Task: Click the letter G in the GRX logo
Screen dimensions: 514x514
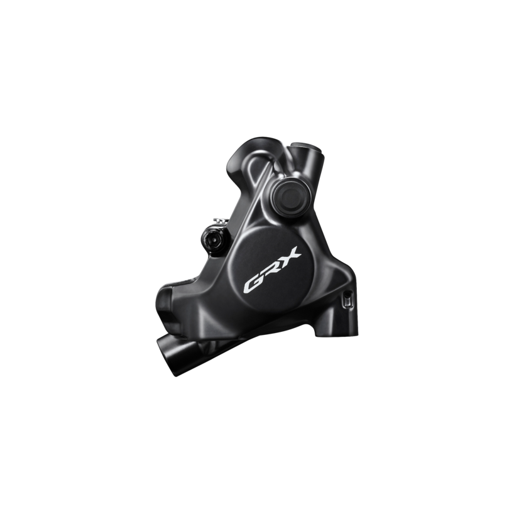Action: point(253,283)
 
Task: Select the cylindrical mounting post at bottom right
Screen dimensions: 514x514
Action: point(337,328)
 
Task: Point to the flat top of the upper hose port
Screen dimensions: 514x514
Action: point(305,145)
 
